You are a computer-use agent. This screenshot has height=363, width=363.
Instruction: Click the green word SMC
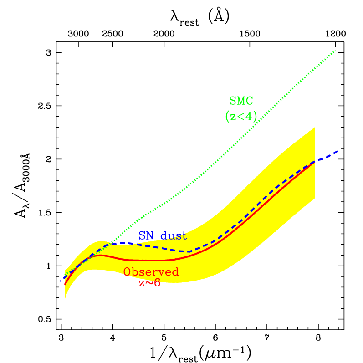tap(241, 101)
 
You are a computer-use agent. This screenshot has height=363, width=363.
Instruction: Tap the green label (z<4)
tap(241, 117)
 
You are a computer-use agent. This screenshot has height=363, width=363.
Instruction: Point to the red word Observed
tap(151, 272)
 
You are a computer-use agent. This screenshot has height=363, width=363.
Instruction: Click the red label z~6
tap(149, 283)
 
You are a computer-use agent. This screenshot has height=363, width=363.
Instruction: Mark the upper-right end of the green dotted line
tap(336, 50)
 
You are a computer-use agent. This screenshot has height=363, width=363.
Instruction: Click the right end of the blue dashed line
tap(337, 151)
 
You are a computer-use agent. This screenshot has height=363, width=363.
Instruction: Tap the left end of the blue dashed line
tap(61, 281)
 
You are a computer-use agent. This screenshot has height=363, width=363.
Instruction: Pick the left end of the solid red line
tap(65, 284)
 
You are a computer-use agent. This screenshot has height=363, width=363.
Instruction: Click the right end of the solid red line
tap(314, 162)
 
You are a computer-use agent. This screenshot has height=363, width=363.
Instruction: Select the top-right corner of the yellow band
tap(315, 128)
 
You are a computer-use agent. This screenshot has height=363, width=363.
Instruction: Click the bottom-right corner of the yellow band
tap(315, 199)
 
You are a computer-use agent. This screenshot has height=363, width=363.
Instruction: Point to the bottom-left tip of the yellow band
tap(65, 299)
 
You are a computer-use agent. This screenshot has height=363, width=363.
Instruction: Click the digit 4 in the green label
tap(248, 117)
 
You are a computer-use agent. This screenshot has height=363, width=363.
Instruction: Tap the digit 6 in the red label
tap(157, 283)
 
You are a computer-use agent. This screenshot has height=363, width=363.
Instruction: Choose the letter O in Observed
tap(127, 272)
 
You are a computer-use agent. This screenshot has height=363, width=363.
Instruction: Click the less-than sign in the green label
tap(240, 117)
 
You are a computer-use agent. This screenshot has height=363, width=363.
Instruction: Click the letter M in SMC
tap(241, 101)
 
